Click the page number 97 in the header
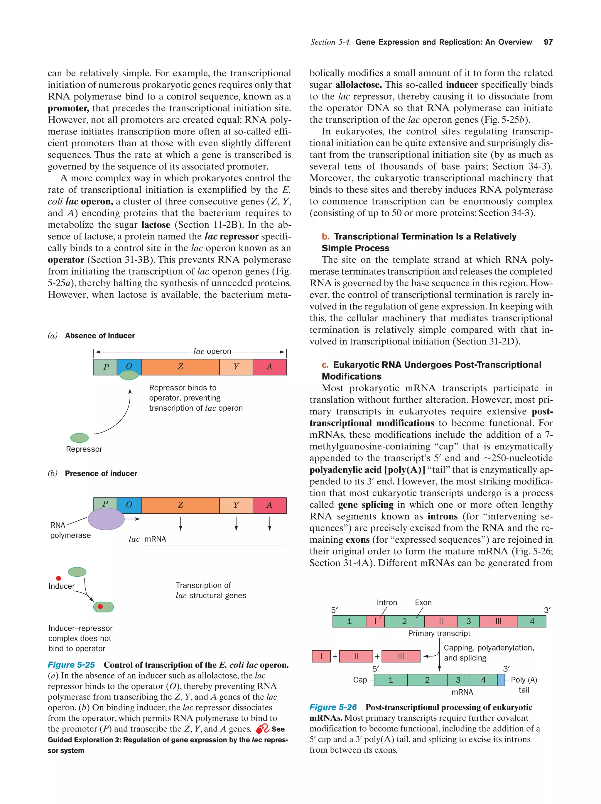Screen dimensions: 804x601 coord(548,42)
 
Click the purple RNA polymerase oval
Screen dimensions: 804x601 coord(106,519)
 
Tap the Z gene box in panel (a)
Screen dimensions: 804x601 coord(180,367)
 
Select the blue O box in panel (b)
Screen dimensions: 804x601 coord(129,505)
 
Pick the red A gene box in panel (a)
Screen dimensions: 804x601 coord(269,367)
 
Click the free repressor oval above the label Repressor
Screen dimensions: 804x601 coord(79,438)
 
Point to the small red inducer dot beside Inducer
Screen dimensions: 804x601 coord(58,578)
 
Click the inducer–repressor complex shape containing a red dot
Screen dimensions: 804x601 coord(104,607)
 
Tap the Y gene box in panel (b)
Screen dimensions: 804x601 coord(236,505)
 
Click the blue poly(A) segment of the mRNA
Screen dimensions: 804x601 coord(501,680)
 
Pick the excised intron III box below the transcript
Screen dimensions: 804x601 coord(401,656)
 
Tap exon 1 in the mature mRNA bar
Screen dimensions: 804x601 coord(390,680)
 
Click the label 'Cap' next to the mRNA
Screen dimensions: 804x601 coord(360,680)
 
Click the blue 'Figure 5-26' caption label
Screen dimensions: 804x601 coord(333,707)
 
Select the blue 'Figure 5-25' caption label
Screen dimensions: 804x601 coord(71,665)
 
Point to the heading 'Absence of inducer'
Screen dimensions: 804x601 coord(99,336)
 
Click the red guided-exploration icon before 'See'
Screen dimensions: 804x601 coord(262,729)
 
